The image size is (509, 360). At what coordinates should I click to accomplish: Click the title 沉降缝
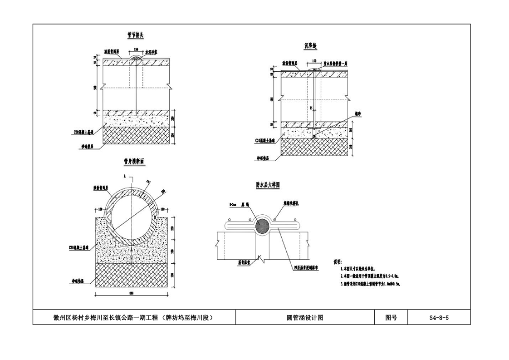312,45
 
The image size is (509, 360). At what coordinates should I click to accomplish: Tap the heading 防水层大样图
268,185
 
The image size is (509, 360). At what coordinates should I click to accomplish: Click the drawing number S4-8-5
439,318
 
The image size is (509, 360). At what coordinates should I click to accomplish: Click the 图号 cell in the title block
391,318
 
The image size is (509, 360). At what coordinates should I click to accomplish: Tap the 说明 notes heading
337,262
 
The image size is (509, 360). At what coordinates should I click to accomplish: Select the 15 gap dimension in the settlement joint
310,108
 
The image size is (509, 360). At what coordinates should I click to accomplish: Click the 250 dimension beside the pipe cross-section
172,227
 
